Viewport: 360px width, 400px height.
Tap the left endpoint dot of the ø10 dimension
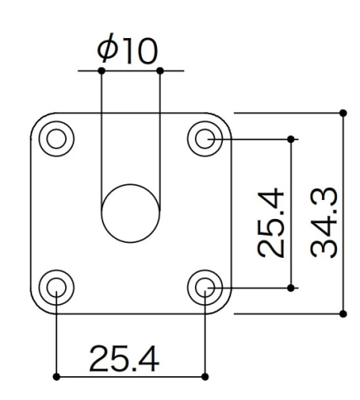click(101, 71)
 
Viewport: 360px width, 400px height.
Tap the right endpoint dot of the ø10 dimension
click(159, 71)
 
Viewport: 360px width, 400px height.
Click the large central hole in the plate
click(130, 213)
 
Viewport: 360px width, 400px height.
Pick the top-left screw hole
click(55, 137)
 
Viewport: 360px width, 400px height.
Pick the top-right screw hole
click(205, 137)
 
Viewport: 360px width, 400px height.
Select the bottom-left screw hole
click(55, 287)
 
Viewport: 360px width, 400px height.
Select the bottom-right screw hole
click(205, 287)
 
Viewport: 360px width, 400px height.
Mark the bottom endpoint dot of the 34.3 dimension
click(343, 313)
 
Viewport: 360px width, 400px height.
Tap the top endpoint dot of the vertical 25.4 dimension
click(291, 138)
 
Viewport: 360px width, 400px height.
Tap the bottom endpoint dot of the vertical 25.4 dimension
click(291, 287)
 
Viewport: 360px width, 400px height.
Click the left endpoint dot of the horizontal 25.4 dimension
click(55, 376)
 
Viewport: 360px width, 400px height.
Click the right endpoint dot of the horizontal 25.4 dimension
click(205, 376)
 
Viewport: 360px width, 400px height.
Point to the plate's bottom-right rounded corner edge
click(225, 307)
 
